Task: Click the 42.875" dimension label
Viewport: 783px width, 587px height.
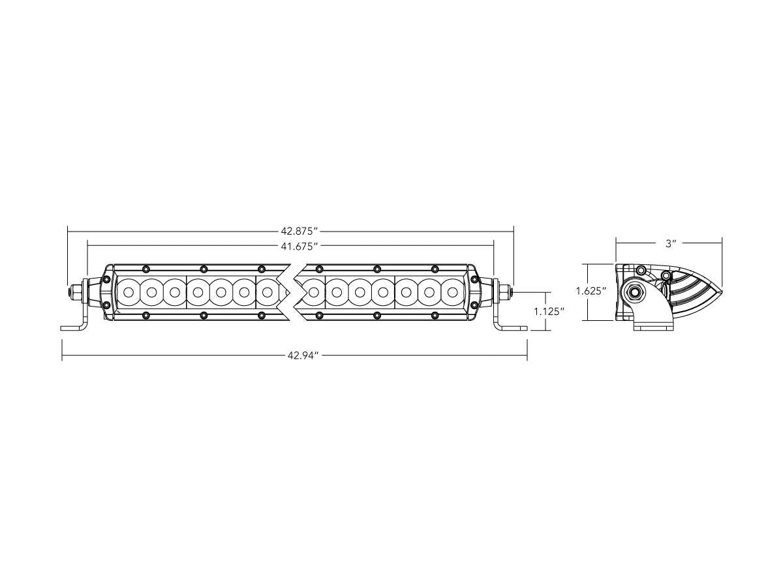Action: pyautogui.click(x=299, y=231)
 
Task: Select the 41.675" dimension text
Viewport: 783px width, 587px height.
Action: pyautogui.click(x=299, y=246)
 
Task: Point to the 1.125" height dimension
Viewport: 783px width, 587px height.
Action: pyautogui.click(x=549, y=312)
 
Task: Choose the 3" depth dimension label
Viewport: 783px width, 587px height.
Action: pyautogui.click(x=669, y=243)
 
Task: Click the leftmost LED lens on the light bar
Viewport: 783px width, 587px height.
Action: pyautogui.click(x=129, y=292)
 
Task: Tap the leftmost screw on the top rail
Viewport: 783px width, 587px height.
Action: pyautogui.click(x=146, y=268)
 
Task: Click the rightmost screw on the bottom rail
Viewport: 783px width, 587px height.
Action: pyautogui.click(x=434, y=316)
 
